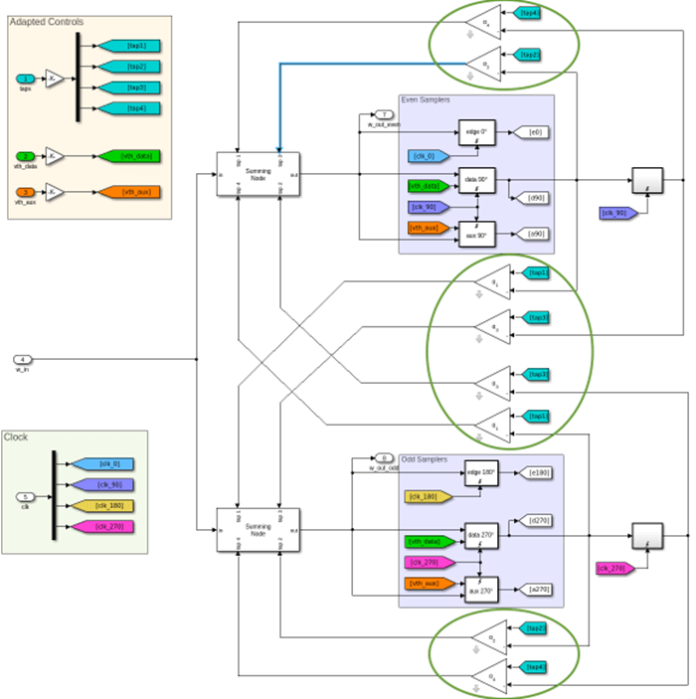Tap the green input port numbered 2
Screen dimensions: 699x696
click(27, 156)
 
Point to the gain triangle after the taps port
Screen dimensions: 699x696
click(56, 79)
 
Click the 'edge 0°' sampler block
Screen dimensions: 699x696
click(476, 133)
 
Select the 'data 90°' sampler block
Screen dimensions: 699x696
click(476, 181)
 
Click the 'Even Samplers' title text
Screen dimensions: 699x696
click(426, 99)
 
